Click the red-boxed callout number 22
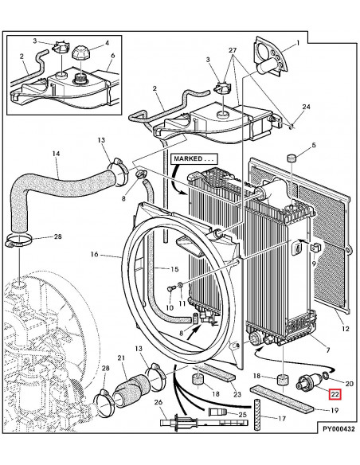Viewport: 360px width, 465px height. [x=336, y=393]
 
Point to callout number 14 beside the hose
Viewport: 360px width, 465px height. [x=33, y=154]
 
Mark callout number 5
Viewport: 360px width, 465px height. [x=313, y=145]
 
